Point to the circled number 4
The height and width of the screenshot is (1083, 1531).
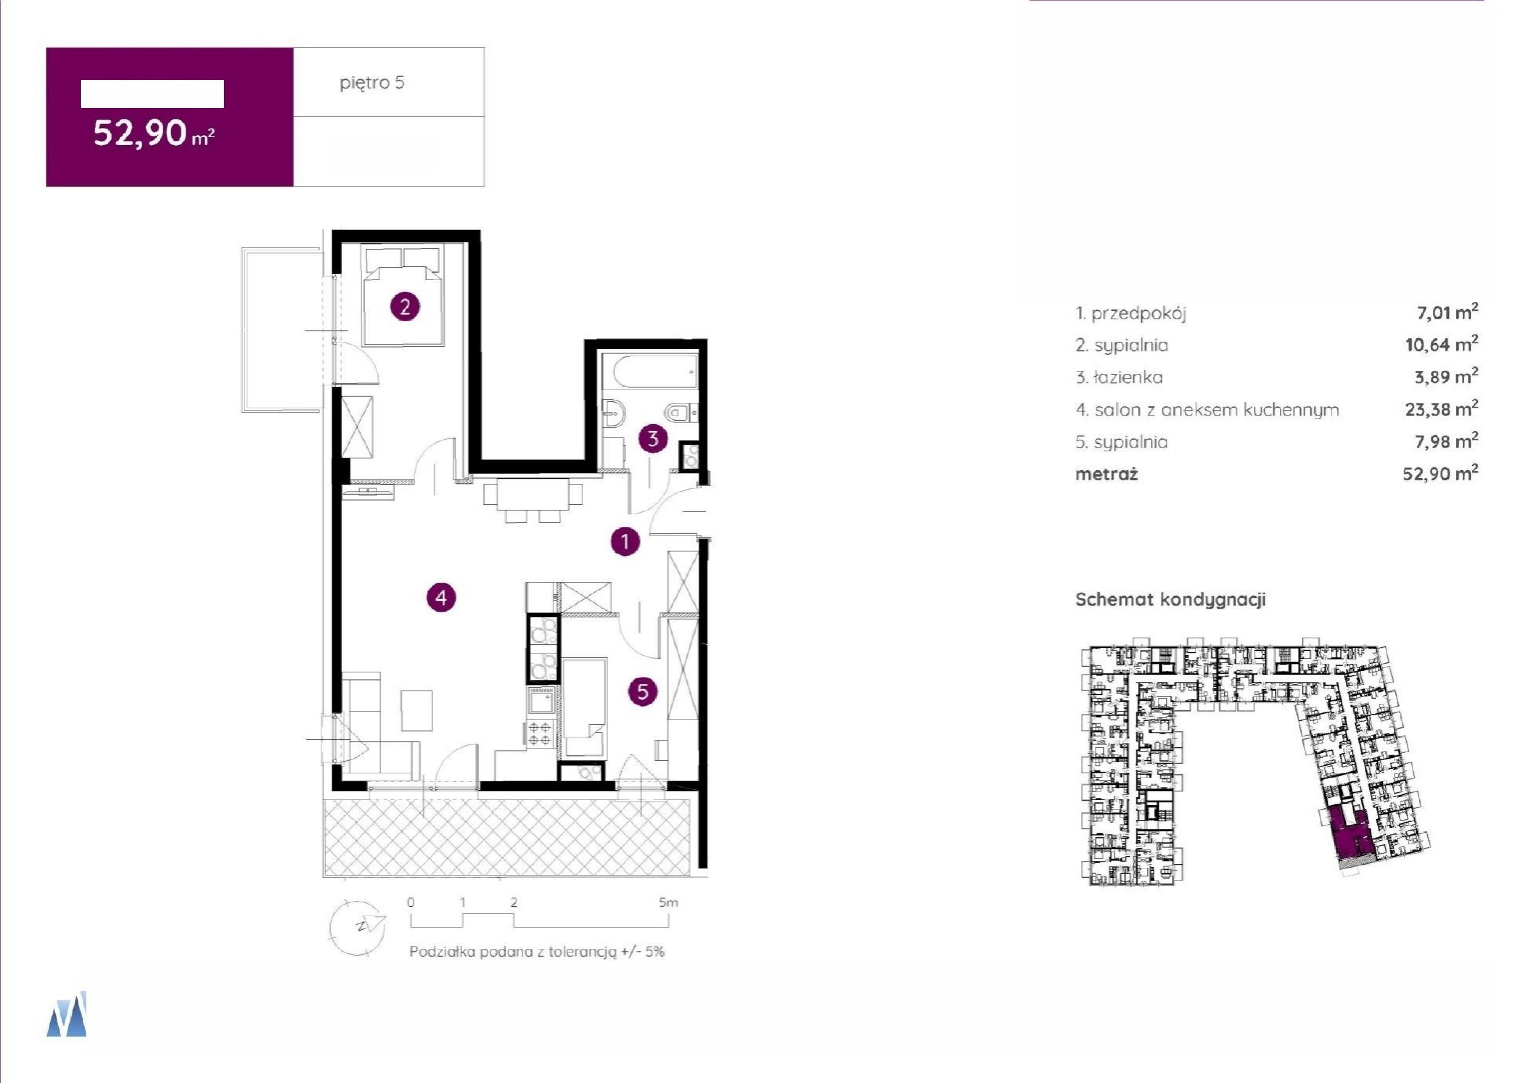coord(441,598)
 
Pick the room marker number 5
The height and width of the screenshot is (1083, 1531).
coord(643,692)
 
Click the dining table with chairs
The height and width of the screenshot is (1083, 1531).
coord(532,495)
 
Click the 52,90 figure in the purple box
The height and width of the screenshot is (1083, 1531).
coord(140,133)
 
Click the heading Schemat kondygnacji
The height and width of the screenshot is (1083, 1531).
coord(1170,600)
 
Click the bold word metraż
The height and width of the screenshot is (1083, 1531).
coord(1106,474)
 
